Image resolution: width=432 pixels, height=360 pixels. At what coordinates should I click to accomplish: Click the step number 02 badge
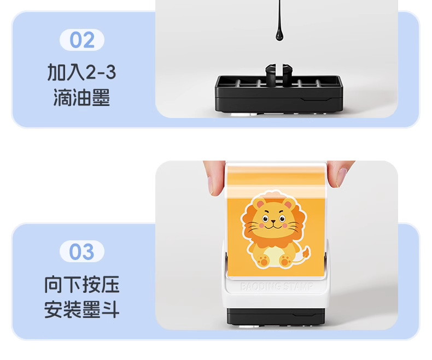[82, 40]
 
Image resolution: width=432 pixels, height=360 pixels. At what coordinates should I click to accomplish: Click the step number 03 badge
[82, 251]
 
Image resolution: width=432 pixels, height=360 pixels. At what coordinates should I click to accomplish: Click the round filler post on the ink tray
[278, 73]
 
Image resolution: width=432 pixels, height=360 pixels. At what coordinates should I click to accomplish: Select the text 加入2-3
[82, 73]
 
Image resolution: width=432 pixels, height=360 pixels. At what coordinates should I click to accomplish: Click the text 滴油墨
[82, 97]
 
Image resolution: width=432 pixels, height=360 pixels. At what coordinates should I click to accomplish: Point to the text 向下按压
[82, 284]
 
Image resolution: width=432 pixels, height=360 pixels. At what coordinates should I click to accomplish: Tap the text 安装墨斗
[82, 310]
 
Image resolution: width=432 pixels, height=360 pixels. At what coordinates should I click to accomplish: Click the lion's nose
[273, 221]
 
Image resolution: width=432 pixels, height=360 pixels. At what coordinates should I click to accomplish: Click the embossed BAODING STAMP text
[277, 287]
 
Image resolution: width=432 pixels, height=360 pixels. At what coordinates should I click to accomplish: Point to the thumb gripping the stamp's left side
[215, 178]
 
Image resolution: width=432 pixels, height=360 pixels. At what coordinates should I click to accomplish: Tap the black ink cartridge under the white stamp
[276, 316]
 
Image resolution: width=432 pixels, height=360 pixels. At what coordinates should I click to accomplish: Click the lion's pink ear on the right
[288, 205]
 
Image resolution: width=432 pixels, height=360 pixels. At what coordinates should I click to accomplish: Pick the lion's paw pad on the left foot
[264, 261]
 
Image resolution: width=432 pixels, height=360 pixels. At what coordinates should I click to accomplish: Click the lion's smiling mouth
[273, 226]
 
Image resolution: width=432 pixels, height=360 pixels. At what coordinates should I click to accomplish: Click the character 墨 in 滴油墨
[101, 97]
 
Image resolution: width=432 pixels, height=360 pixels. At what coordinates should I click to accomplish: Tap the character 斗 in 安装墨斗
[110, 310]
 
